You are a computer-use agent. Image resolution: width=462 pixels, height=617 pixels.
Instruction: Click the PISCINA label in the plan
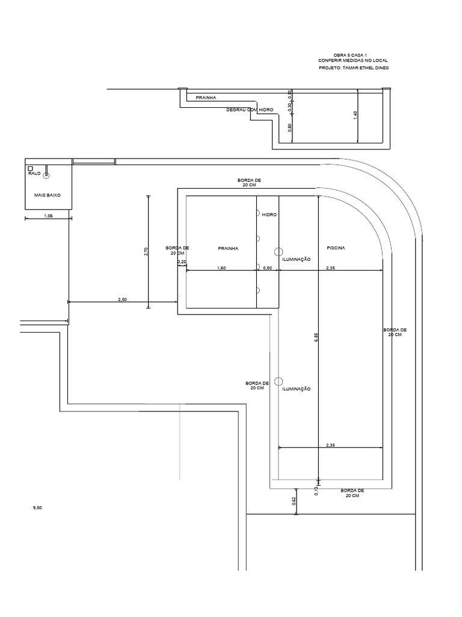pyautogui.click(x=336, y=248)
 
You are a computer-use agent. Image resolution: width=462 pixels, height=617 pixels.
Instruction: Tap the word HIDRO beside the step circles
pyautogui.click(x=269, y=215)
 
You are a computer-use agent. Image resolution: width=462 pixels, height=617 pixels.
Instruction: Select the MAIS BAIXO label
pyautogui.click(x=48, y=195)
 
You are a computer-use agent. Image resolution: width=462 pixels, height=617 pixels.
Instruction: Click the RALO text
pyautogui.click(x=34, y=173)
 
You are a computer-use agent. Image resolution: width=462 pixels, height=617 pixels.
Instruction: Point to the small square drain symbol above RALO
pyautogui.click(x=30, y=169)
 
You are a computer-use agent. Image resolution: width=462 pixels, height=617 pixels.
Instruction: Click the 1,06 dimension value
pyautogui.click(x=48, y=216)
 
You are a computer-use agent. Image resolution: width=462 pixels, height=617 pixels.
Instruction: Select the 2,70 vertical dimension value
pyautogui.click(x=146, y=252)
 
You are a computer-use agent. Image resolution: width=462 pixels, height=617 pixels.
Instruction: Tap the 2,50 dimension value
pyautogui.click(x=123, y=300)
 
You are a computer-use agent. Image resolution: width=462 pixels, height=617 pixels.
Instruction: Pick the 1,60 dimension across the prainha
pyautogui.click(x=221, y=268)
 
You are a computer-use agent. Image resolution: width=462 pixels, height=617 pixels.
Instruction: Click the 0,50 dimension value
pyautogui.click(x=267, y=268)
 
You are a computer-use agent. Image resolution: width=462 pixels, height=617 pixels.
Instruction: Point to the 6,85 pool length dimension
pyautogui.click(x=316, y=337)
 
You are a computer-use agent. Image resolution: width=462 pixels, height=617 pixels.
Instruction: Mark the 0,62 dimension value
pyautogui.click(x=294, y=501)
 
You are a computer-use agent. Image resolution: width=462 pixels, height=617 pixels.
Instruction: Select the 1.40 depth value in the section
pyautogui.click(x=355, y=115)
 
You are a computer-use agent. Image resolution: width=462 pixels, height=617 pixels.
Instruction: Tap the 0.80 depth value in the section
pyautogui.click(x=290, y=128)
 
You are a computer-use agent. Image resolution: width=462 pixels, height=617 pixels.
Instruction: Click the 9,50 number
pyautogui.click(x=37, y=507)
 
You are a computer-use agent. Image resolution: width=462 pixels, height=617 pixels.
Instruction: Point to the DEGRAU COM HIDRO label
pyautogui.click(x=250, y=110)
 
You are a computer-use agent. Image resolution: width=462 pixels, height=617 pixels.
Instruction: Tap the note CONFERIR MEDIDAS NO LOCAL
pyautogui.click(x=353, y=61)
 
